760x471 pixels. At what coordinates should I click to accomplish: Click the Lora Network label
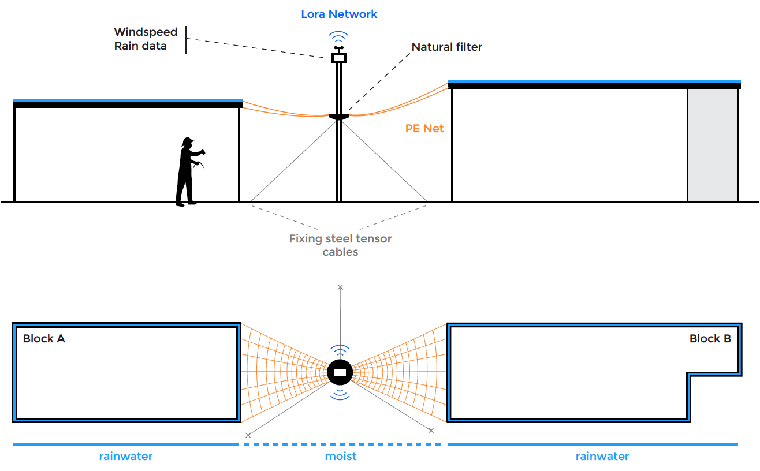pyautogui.click(x=339, y=14)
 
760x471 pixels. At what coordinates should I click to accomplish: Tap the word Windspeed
pyautogui.click(x=146, y=32)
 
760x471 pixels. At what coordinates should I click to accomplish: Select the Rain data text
pyautogui.click(x=140, y=46)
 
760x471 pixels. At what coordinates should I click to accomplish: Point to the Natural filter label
pyautogui.click(x=446, y=47)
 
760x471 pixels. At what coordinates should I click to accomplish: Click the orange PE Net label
pyautogui.click(x=424, y=129)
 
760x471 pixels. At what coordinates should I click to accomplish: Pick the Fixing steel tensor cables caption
pyautogui.click(x=340, y=245)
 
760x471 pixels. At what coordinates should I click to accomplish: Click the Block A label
pyautogui.click(x=44, y=339)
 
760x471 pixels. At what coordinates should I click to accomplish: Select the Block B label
pyautogui.click(x=710, y=339)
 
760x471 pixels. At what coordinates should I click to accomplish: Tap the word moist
pyautogui.click(x=341, y=457)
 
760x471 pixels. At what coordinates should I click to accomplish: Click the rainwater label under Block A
pyautogui.click(x=126, y=457)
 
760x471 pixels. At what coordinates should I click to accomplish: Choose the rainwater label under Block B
pyautogui.click(x=602, y=457)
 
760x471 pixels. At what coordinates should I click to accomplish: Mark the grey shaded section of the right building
pyautogui.click(x=713, y=145)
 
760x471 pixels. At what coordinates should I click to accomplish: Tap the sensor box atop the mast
pyautogui.click(x=339, y=57)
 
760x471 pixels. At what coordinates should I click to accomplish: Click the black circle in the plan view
pyautogui.click(x=340, y=372)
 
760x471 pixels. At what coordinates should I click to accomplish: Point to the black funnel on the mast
pyautogui.click(x=339, y=117)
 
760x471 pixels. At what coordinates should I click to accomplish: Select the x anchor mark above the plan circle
pyautogui.click(x=340, y=287)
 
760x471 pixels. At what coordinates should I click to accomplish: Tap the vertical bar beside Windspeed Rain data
pyautogui.click(x=186, y=39)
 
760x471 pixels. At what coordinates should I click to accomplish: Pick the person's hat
pyautogui.click(x=188, y=141)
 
